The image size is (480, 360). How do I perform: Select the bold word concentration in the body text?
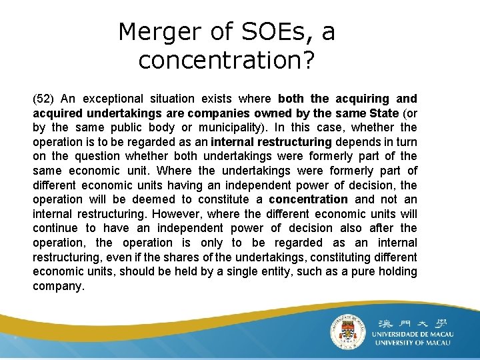click(x=308, y=199)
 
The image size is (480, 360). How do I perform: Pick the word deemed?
click(x=148, y=199)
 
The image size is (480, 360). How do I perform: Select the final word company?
click(x=58, y=286)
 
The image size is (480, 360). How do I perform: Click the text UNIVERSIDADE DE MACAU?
click(x=412, y=333)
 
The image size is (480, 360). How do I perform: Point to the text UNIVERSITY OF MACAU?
click(x=412, y=343)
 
